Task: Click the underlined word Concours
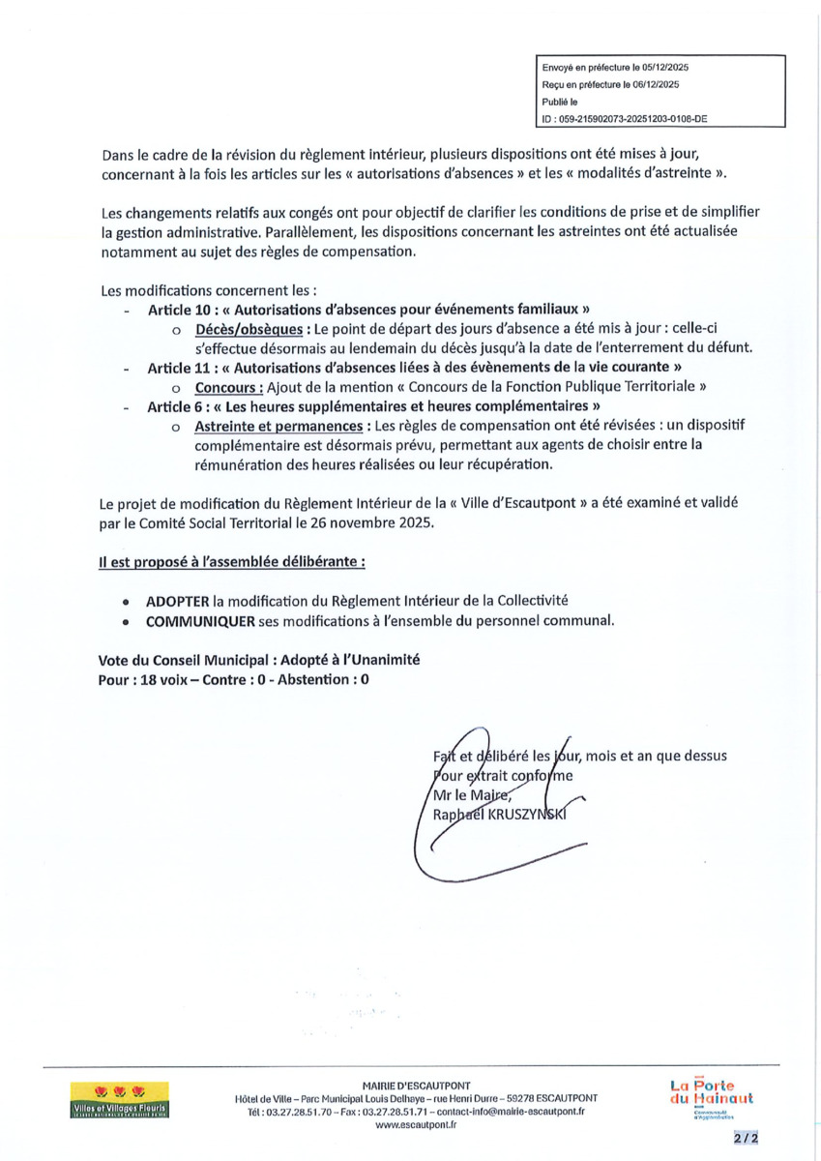pyautogui.click(x=229, y=386)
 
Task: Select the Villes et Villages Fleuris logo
pyautogui.click(x=120, y=1100)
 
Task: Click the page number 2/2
pyautogui.click(x=746, y=1139)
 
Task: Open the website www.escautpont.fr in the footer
pyautogui.click(x=416, y=1125)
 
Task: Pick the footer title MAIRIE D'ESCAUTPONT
pyautogui.click(x=416, y=1086)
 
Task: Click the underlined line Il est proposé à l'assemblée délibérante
pyautogui.click(x=231, y=560)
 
